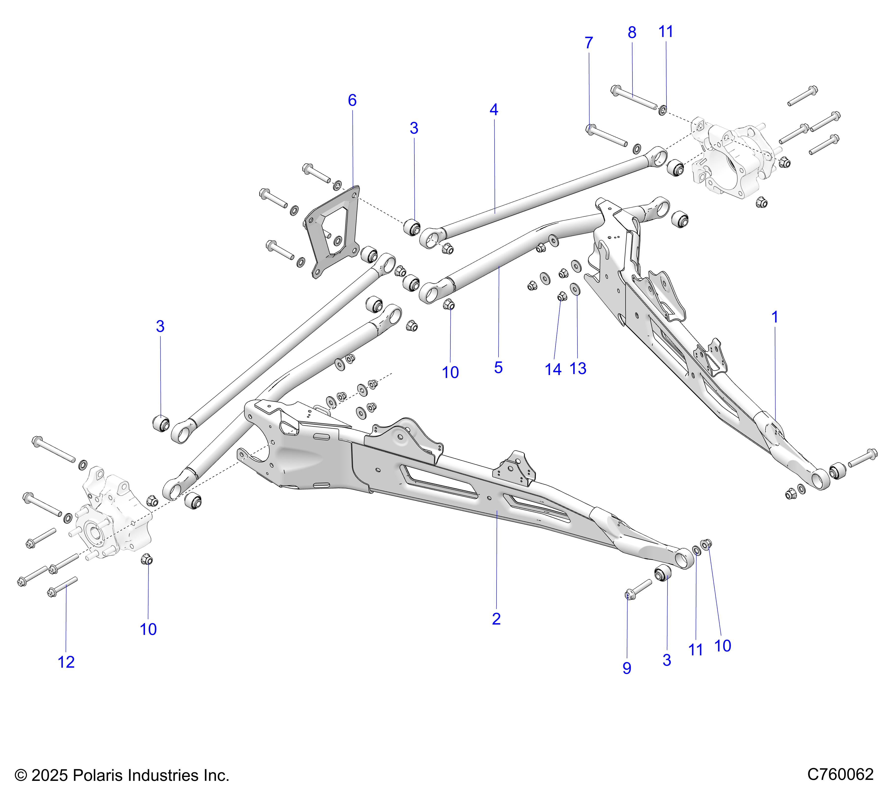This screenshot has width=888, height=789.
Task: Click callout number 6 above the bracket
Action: pyautogui.click(x=352, y=100)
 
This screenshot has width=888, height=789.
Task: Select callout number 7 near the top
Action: pyautogui.click(x=589, y=43)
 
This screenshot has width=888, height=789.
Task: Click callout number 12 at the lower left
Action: pyautogui.click(x=66, y=662)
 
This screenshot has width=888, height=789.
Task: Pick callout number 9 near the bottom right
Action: pyautogui.click(x=627, y=668)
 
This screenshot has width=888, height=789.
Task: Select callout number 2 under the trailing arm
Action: pyautogui.click(x=496, y=619)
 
